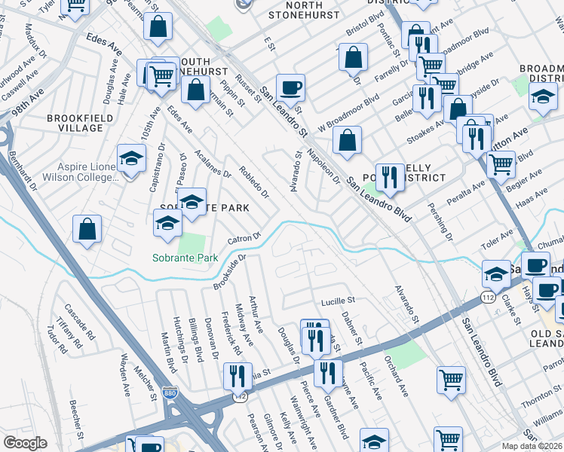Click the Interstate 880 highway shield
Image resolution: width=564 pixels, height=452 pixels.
(170, 392)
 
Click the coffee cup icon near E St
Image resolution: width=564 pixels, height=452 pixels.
(290, 88)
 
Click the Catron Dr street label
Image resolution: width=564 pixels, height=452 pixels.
(244, 239)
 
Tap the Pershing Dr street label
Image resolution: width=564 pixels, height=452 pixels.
(439, 218)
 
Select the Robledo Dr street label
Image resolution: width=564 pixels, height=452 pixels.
(254, 181)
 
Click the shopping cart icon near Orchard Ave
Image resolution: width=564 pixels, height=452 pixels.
(450, 380)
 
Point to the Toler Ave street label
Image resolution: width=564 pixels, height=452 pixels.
(497, 240)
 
